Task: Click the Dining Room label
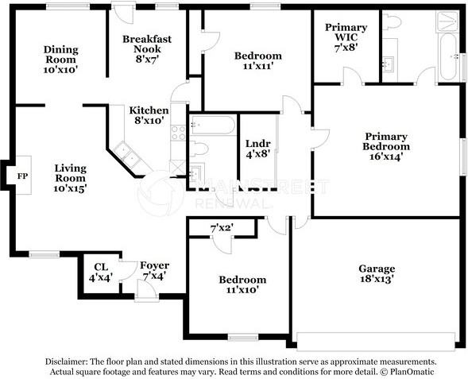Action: pos(60,59)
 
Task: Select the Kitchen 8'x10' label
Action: pos(149,115)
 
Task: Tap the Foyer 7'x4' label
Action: pos(153,270)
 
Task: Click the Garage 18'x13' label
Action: pos(377,274)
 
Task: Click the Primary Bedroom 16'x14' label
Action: pos(386,146)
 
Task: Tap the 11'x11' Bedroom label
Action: pos(257,60)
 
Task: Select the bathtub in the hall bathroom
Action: pos(212,126)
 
